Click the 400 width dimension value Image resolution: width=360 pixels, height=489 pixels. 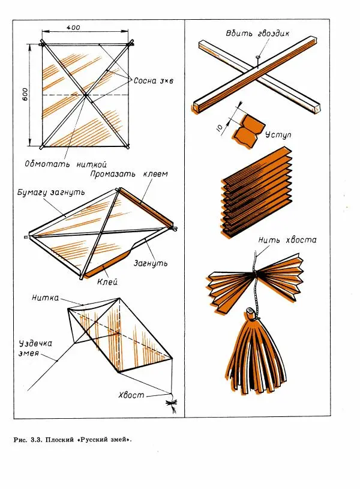pyautogui.click(x=73, y=28)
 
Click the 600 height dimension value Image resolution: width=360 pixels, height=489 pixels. pyautogui.click(x=25, y=94)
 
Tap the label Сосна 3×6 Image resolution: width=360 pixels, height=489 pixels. pyautogui.click(x=154, y=81)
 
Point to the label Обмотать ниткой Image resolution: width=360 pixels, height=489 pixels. pyautogui.click(x=66, y=164)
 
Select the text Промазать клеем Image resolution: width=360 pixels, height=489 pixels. pyautogui.click(x=129, y=174)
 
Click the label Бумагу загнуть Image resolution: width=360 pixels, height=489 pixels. pyautogui.click(x=51, y=192)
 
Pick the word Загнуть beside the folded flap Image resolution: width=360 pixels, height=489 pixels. pyautogui.click(x=151, y=263)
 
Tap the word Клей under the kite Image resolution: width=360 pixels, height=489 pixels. pyautogui.click(x=107, y=282)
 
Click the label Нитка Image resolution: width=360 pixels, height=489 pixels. pyautogui.click(x=45, y=298)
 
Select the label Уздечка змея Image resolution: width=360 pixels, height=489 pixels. pyautogui.click(x=35, y=349)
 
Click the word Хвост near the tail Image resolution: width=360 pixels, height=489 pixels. pyautogui.click(x=131, y=395)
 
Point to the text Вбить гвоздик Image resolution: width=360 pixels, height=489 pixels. pyautogui.click(x=257, y=34)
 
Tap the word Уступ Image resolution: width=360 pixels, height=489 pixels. pyautogui.click(x=278, y=135)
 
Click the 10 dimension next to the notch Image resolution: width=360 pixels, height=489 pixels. pyautogui.click(x=220, y=128)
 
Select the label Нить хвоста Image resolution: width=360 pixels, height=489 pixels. pyautogui.click(x=287, y=240)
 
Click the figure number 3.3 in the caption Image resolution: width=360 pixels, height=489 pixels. pyautogui.click(x=36, y=440)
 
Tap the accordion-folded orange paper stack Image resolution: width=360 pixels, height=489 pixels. pyautogui.click(x=257, y=193)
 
